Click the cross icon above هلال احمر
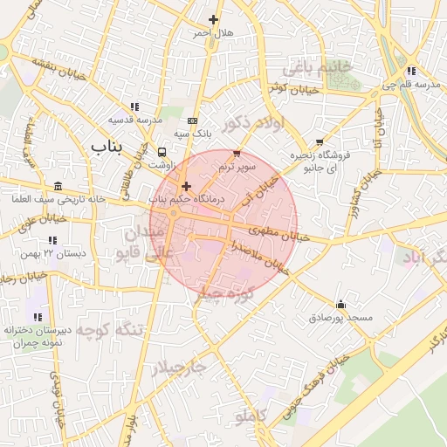click(x=213, y=19)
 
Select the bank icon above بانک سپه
click(x=193, y=120)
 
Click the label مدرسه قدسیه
click(x=136, y=119)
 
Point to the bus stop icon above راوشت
click(x=162, y=150)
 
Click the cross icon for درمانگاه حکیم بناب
click(x=186, y=186)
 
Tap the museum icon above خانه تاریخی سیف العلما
click(x=58, y=186)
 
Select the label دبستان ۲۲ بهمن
click(x=54, y=253)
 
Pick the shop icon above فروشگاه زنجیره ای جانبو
click(x=320, y=141)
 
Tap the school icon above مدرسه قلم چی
click(x=410, y=71)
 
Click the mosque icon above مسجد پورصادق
click(x=340, y=305)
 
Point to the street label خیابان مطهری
click(x=279, y=233)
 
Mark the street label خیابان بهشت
click(x=58, y=66)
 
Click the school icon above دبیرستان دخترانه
click(x=37, y=315)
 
